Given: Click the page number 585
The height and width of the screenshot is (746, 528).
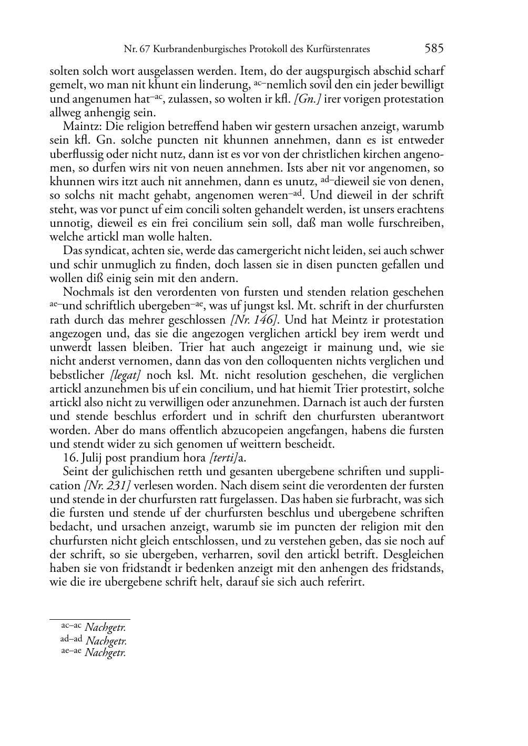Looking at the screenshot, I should click(434, 49).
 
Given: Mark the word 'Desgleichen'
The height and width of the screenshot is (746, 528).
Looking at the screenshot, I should click(415, 555).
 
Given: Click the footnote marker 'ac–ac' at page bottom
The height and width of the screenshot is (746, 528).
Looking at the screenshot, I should click(72, 626).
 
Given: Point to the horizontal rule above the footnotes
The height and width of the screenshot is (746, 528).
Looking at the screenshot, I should click(89, 619).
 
